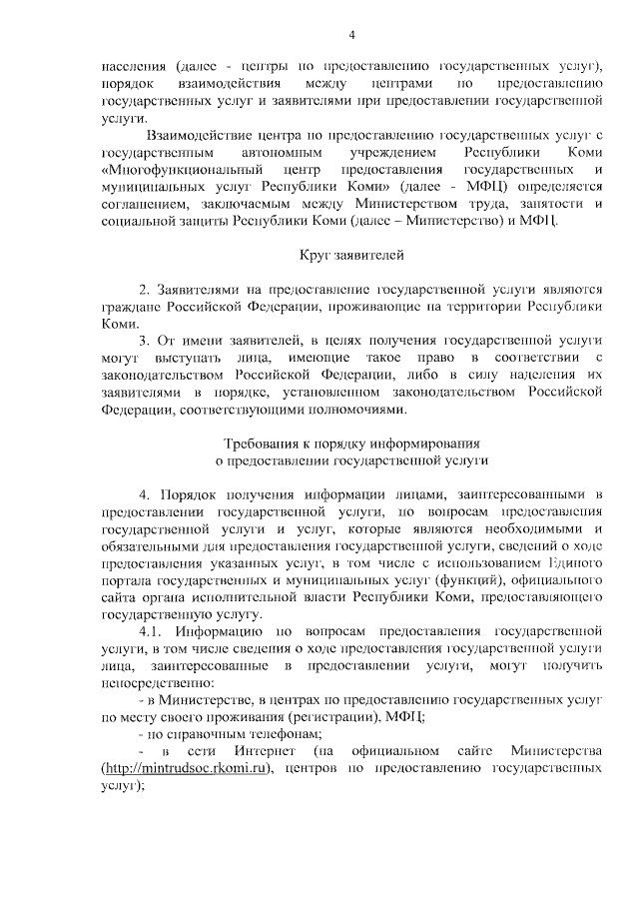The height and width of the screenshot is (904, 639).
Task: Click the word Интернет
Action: (264, 751)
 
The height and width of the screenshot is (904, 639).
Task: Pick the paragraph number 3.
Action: (144, 341)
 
